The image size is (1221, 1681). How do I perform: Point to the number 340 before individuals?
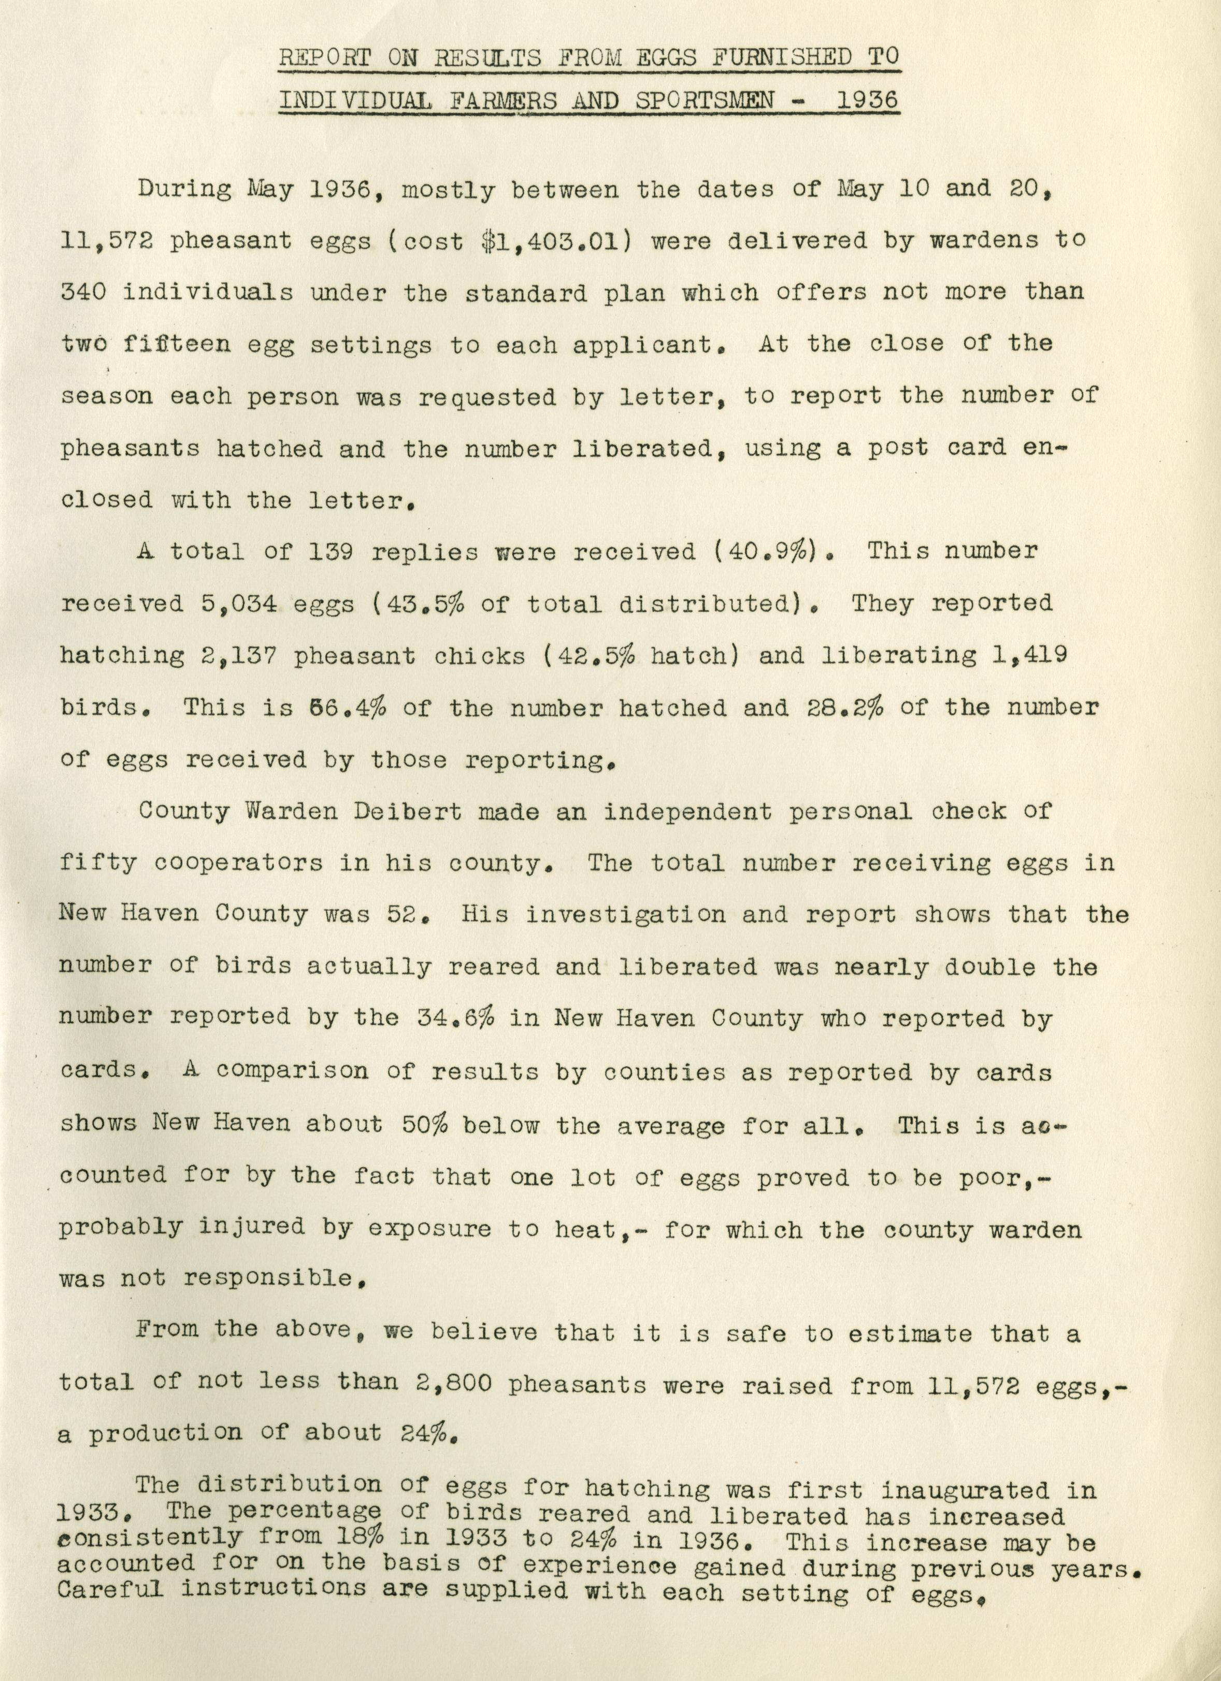(83, 293)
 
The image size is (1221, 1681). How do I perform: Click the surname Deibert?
(409, 812)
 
